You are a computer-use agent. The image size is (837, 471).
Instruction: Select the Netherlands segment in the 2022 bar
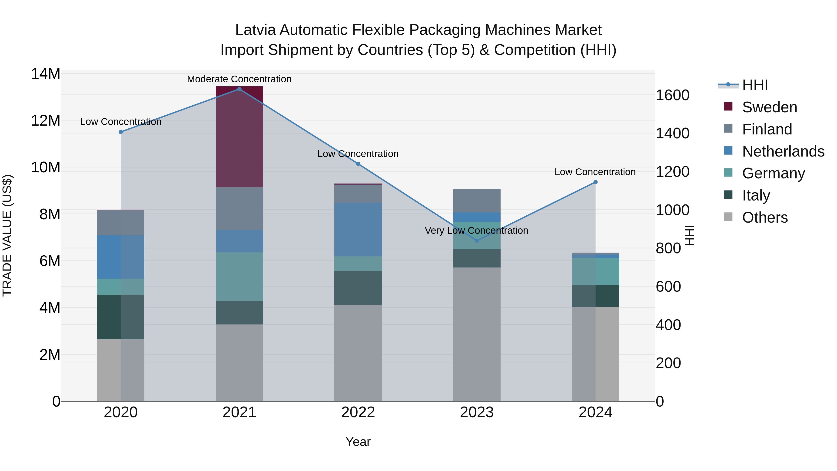tap(358, 230)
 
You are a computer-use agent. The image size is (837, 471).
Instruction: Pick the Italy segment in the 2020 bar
tap(120, 317)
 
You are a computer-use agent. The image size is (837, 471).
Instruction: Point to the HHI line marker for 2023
tap(477, 241)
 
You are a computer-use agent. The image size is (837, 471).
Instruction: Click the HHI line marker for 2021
tap(239, 89)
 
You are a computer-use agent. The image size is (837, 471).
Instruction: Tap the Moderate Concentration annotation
tap(239, 79)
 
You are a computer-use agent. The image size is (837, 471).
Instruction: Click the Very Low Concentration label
tap(476, 230)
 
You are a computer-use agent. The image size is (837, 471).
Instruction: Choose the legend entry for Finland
tap(767, 129)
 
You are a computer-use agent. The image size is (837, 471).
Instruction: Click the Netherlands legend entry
tap(783, 151)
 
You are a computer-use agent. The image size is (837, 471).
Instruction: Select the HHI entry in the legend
tap(755, 85)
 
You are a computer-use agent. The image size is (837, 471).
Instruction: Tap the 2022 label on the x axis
tap(358, 412)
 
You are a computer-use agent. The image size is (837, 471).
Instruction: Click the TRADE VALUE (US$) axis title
tap(7, 235)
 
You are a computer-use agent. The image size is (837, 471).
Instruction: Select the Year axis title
tap(358, 442)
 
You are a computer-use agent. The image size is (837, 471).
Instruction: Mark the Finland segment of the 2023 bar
tap(476, 200)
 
